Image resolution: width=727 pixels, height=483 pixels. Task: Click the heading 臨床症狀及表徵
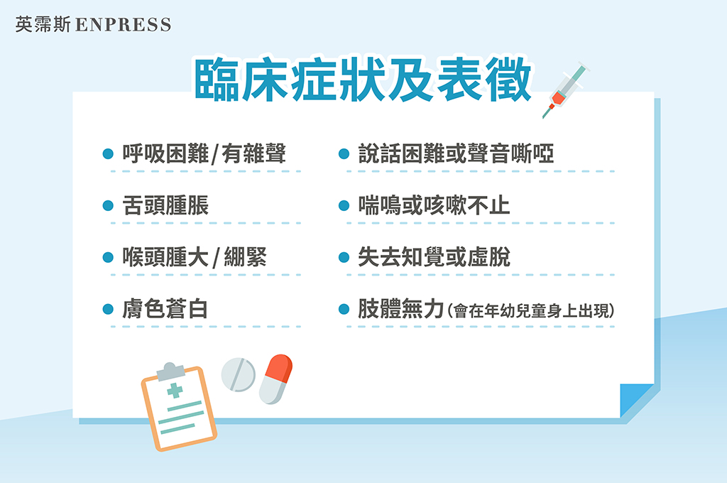363,80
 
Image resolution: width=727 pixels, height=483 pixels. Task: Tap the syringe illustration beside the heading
565,89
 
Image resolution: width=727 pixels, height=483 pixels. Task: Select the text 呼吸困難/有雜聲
204,153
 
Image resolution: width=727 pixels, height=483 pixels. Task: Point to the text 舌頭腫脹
165,205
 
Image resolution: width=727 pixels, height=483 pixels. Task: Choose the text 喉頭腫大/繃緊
195,257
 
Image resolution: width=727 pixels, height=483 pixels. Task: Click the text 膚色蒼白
165,308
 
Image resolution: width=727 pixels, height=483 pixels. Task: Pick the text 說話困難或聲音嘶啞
457,153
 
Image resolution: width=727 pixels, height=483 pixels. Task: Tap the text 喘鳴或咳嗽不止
434,205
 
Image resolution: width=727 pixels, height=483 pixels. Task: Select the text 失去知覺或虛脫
434,257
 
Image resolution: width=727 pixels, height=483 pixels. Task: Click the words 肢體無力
401,308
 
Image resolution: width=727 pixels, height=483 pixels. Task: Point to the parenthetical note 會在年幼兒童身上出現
532,310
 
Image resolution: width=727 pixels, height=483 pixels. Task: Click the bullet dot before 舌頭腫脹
108,205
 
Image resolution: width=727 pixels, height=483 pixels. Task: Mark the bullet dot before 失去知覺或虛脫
344,257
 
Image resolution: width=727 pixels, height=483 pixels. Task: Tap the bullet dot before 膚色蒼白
108,309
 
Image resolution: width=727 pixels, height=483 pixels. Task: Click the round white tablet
239,374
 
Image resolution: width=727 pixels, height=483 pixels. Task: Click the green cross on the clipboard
175,390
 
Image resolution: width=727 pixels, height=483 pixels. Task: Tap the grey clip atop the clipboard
170,371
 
